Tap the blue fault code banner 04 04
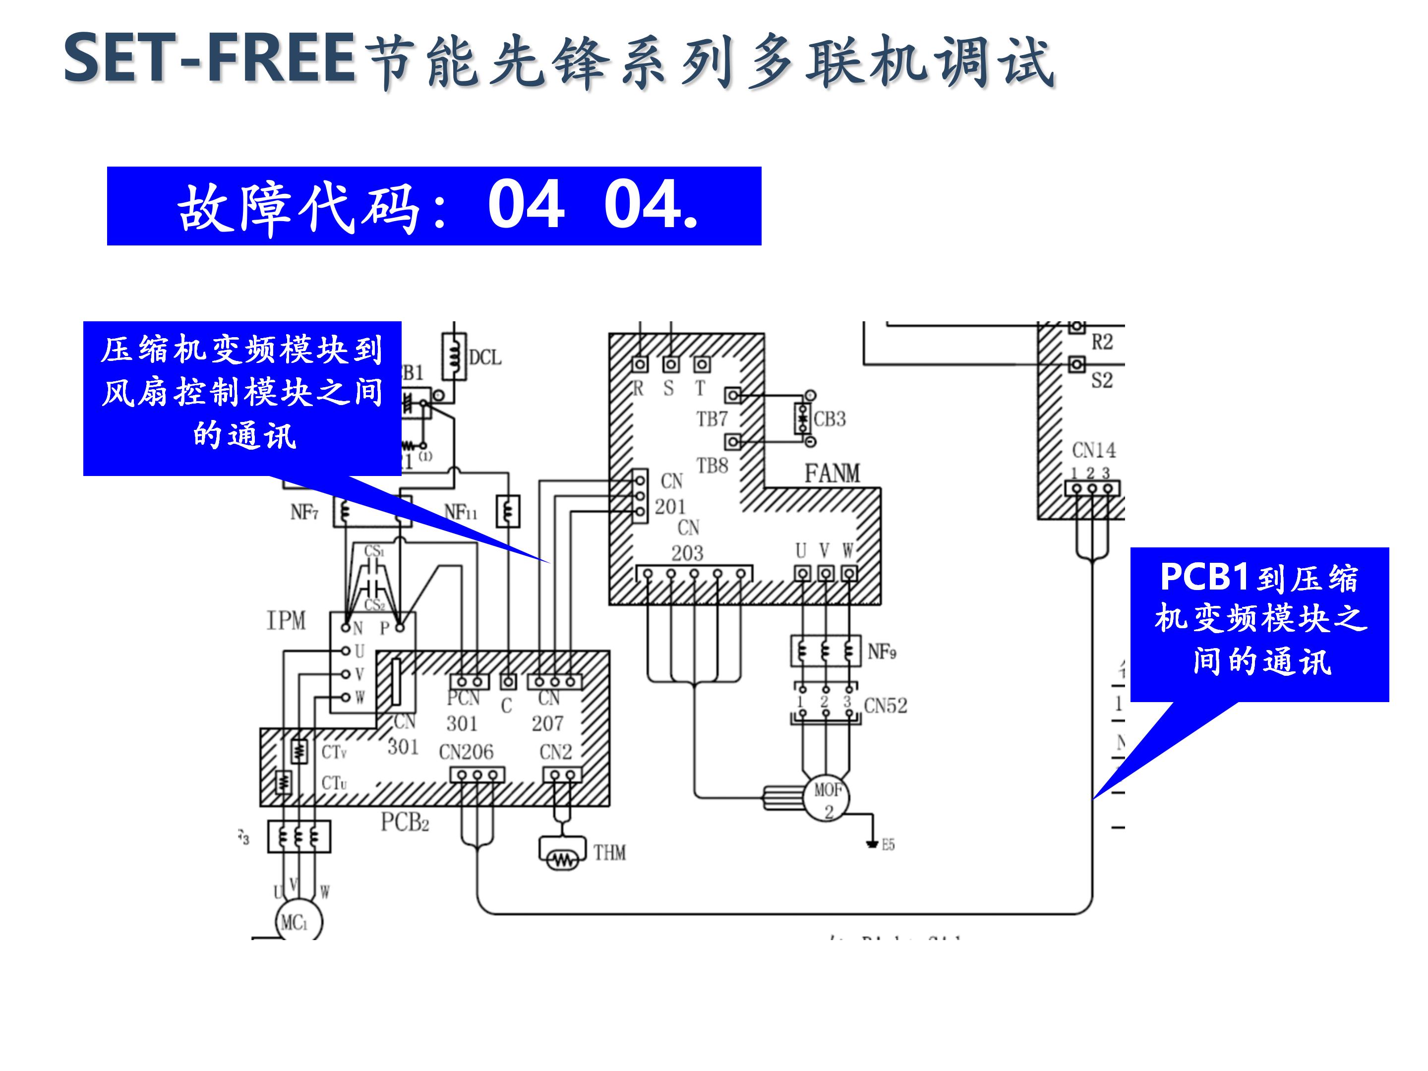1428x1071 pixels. (434, 206)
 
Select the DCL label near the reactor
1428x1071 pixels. (485, 357)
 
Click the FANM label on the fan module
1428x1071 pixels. (832, 474)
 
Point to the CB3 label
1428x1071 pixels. (829, 419)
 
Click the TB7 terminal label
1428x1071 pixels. (712, 419)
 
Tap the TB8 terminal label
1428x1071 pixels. (712, 466)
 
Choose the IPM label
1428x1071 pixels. (286, 620)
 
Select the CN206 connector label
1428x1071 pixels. (466, 752)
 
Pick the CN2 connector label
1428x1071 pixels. (555, 752)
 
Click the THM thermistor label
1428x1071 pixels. (609, 853)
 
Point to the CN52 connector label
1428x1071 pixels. (885, 706)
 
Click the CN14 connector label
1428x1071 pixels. (1094, 449)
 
